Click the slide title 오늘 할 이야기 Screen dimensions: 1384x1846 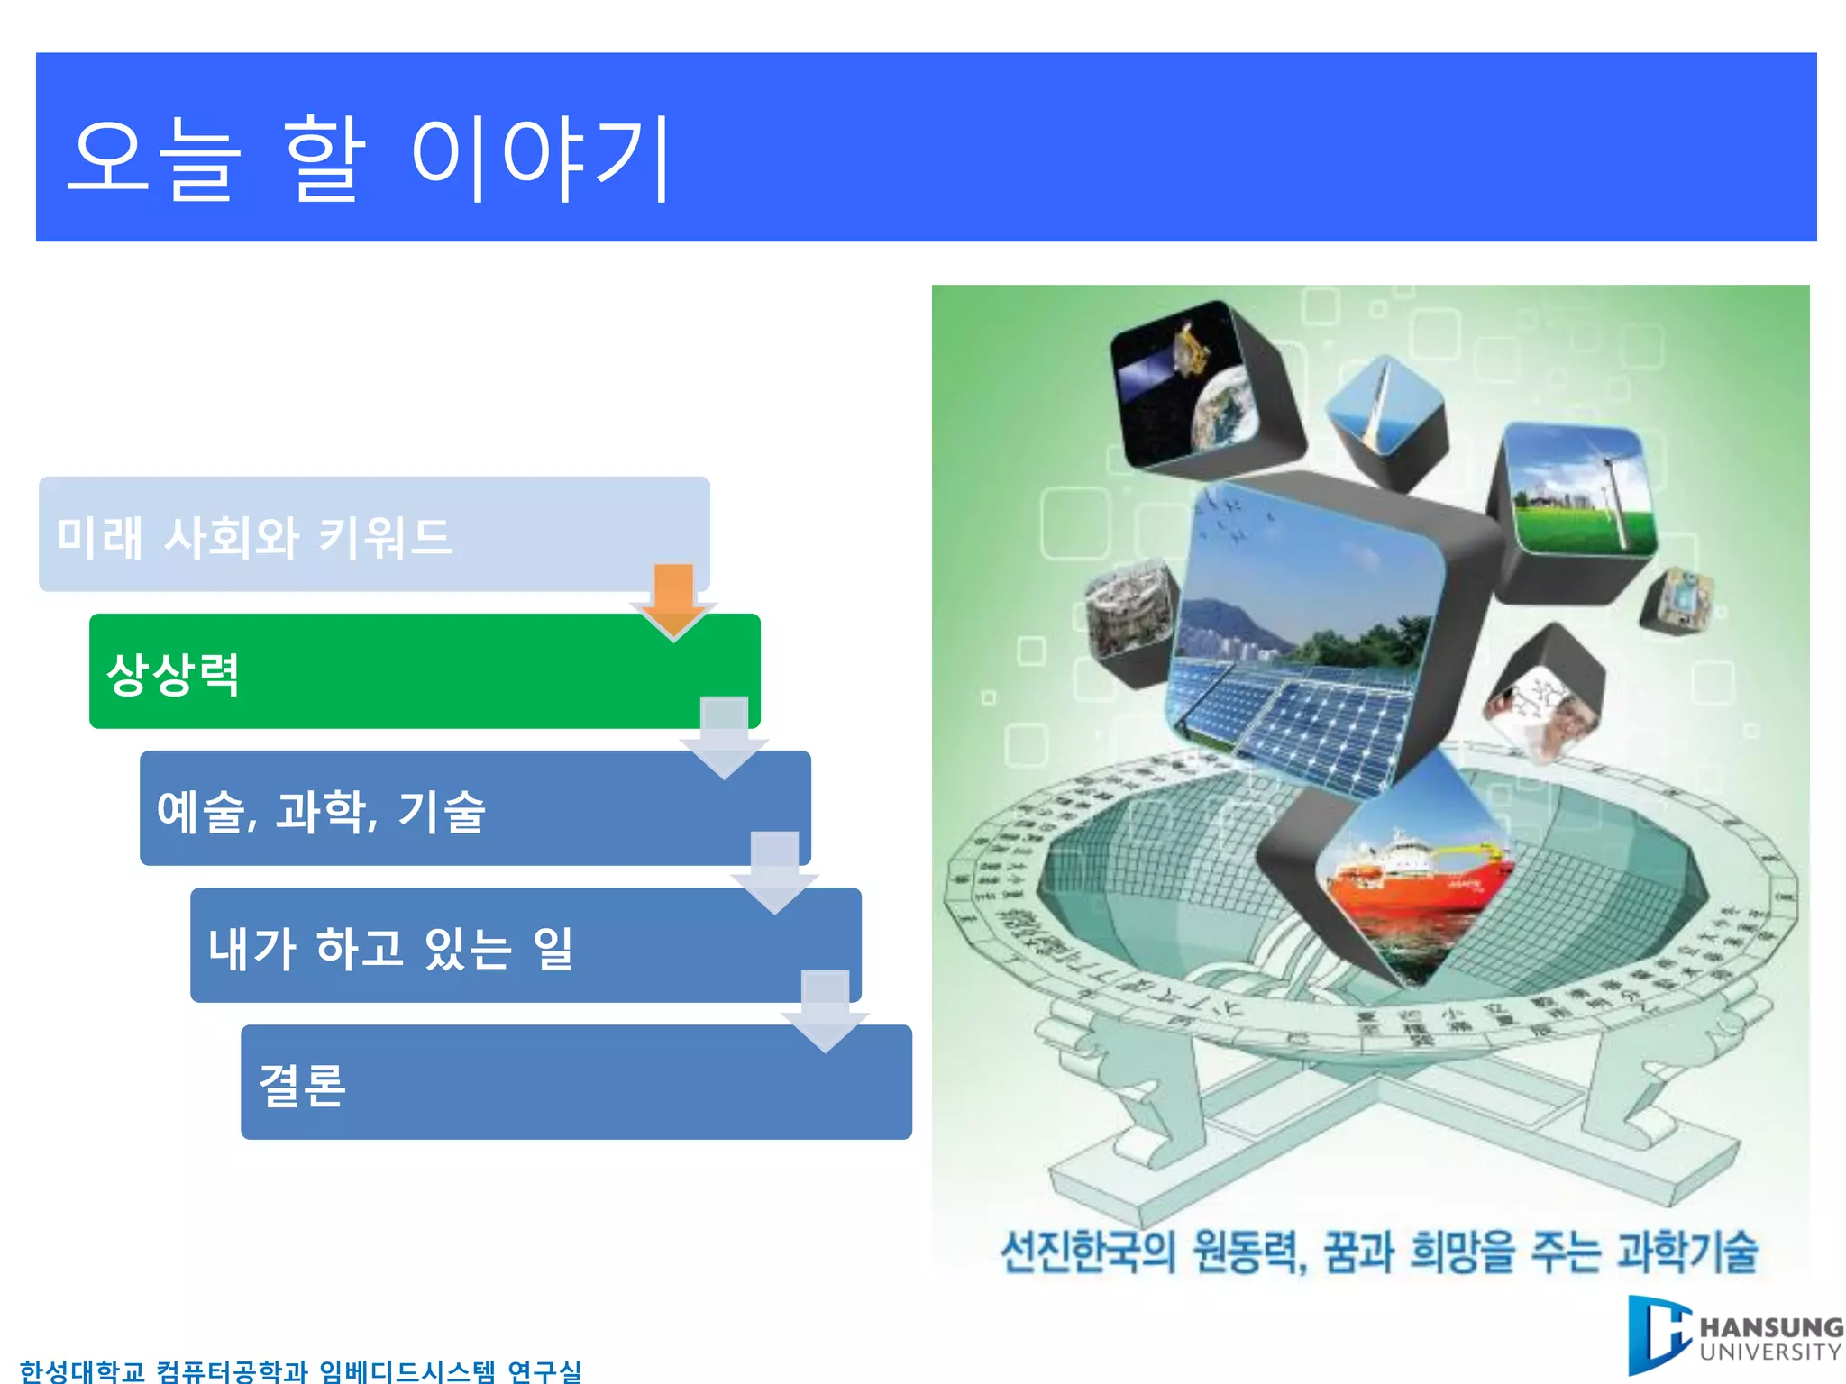[x=370, y=159]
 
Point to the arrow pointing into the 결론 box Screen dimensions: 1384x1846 [x=825, y=1009]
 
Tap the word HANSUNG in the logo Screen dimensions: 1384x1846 [x=1770, y=1327]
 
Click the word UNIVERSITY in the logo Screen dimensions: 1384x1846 [x=1770, y=1352]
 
